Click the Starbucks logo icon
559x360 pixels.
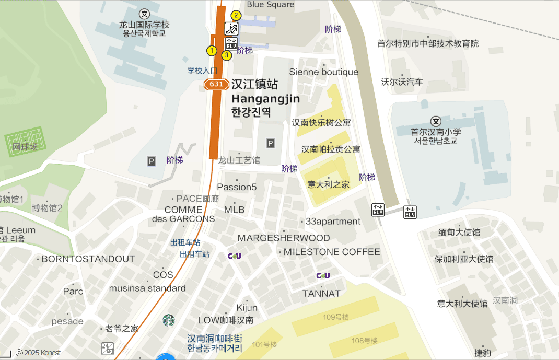(x=168, y=320)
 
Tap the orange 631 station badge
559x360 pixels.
(x=216, y=84)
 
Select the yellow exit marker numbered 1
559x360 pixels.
(x=212, y=51)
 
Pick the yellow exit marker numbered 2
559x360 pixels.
(x=236, y=15)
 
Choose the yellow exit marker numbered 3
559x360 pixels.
(x=227, y=55)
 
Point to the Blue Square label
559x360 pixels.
(x=270, y=5)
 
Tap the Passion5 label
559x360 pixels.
(x=237, y=187)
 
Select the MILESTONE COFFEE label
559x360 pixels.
(x=332, y=252)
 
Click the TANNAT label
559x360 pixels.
(x=321, y=294)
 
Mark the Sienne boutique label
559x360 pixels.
(x=323, y=72)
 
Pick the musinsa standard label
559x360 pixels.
(x=147, y=288)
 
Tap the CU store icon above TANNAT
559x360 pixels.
(x=323, y=276)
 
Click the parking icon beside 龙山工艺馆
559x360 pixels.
(x=270, y=143)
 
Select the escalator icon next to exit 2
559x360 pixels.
(x=231, y=29)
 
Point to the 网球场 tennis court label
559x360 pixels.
(x=25, y=147)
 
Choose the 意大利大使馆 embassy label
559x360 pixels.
(x=462, y=303)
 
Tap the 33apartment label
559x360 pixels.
(x=333, y=222)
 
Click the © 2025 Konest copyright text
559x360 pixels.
(x=38, y=353)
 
